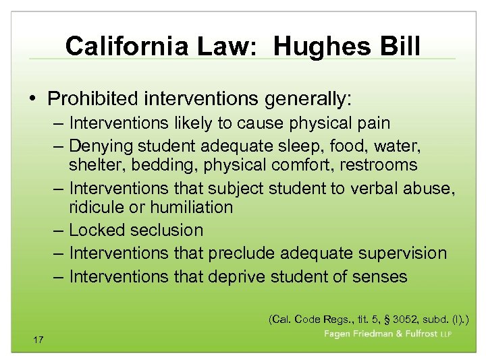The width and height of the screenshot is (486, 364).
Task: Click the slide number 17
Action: click(38, 340)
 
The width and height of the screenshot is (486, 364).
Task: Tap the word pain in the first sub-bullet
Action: click(373, 123)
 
